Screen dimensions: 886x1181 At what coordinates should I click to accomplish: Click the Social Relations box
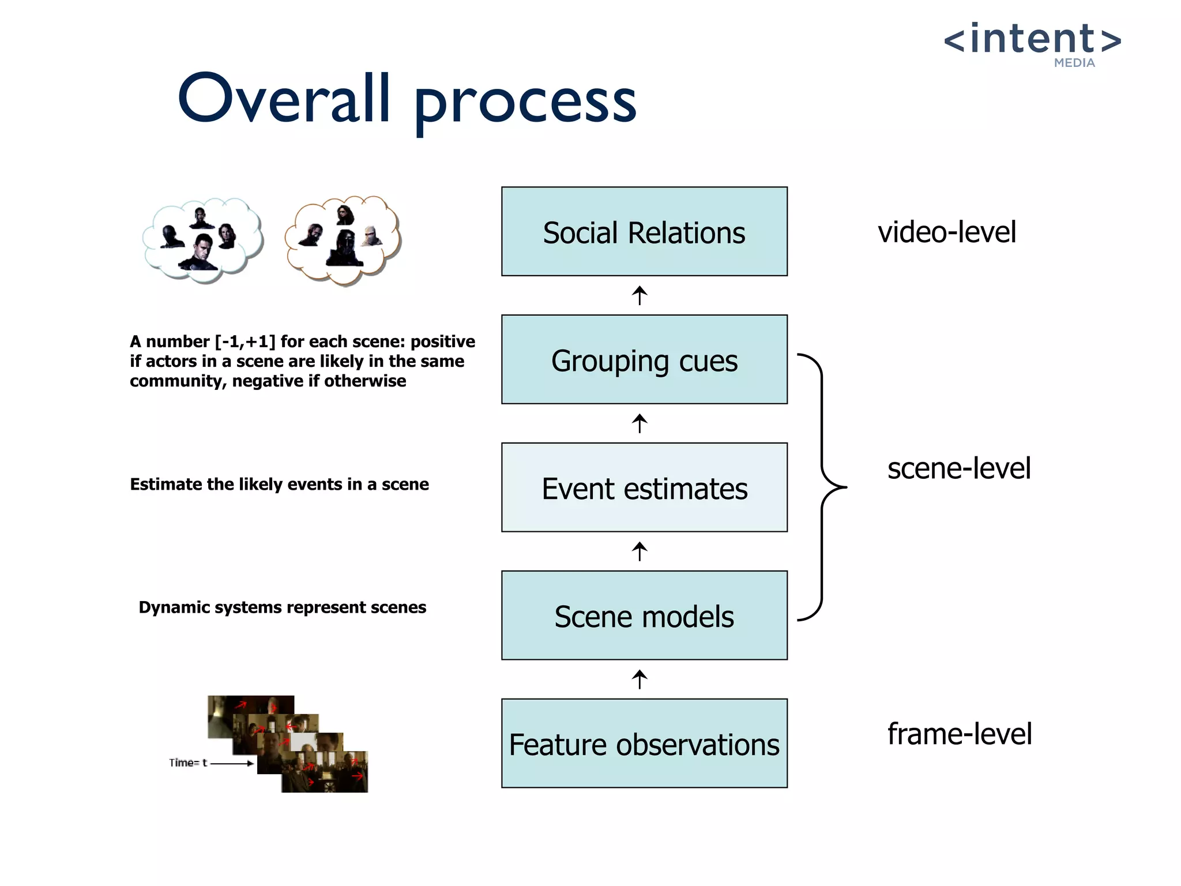click(x=644, y=231)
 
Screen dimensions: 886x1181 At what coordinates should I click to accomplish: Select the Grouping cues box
click(x=644, y=359)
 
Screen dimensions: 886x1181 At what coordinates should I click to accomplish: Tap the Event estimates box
click(x=644, y=487)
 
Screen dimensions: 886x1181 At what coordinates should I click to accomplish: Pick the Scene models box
click(x=644, y=615)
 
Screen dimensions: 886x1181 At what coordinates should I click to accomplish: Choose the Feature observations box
click(x=644, y=744)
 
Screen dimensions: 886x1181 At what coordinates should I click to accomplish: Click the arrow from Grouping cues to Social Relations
click(x=639, y=295)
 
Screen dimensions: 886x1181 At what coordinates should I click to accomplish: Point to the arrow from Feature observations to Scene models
click(x=639, y=679)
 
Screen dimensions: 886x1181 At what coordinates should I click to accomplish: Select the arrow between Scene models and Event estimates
click(x=639, y=551)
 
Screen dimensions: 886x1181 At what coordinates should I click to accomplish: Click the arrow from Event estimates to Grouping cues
click(x=639, y=423)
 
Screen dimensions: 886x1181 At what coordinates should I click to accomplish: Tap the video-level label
click(x=947, y=232)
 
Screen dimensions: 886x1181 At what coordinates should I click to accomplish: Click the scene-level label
click(x=958, y=468)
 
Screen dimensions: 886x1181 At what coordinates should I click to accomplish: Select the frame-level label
click(x=959, y=734)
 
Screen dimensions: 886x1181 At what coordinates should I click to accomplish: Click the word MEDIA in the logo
click(x=1074, y=63)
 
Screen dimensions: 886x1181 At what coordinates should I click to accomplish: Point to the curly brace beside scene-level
click(x=822, y=487)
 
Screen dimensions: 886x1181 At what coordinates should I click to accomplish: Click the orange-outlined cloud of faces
click(x=343, y=239)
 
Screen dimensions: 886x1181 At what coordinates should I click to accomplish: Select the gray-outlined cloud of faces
click(x=203, y=239)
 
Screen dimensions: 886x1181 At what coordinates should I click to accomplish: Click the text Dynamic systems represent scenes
click(x=282, y=607)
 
